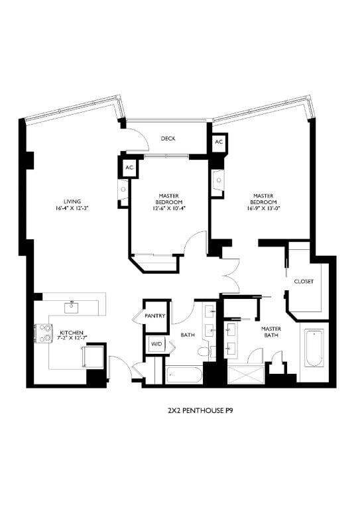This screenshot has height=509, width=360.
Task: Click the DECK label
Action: (x=168, y=139)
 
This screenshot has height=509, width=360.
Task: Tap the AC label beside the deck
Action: (x=218, y=142)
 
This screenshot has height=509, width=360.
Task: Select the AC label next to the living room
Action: (x=129, y=168)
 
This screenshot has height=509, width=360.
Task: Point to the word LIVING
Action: (x=72, y=201)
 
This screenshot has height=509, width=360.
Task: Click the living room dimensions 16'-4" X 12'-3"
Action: (x=72, y=208)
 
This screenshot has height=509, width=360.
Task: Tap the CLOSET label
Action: (x=304, y=281)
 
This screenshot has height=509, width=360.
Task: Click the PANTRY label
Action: (x=156, y=316)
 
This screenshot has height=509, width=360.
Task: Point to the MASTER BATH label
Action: (x=270, y=331)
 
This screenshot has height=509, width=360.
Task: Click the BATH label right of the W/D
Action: (x=188, y=335)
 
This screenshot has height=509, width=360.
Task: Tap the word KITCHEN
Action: (x=72, y=332)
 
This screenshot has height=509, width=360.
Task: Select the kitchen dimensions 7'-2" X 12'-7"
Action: (x=72, y=339)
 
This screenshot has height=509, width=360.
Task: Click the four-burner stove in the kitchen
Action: (x=44, y=333)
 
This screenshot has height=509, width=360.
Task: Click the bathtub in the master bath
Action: (x=313, y=348)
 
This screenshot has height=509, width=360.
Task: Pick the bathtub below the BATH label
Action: (x=184, y=376)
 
